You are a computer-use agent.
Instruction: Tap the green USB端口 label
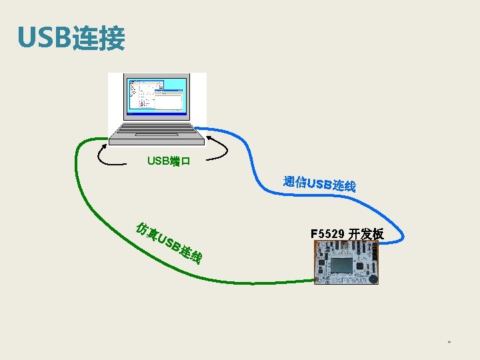click(x=169, y=161)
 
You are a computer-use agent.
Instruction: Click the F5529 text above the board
click(x=327, y=234)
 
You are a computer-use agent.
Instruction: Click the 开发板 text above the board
click(x=366, y=234)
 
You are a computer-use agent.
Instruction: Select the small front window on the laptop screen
click(x=168, y=101)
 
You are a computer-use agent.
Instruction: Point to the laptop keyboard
click(x=157, y=129)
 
